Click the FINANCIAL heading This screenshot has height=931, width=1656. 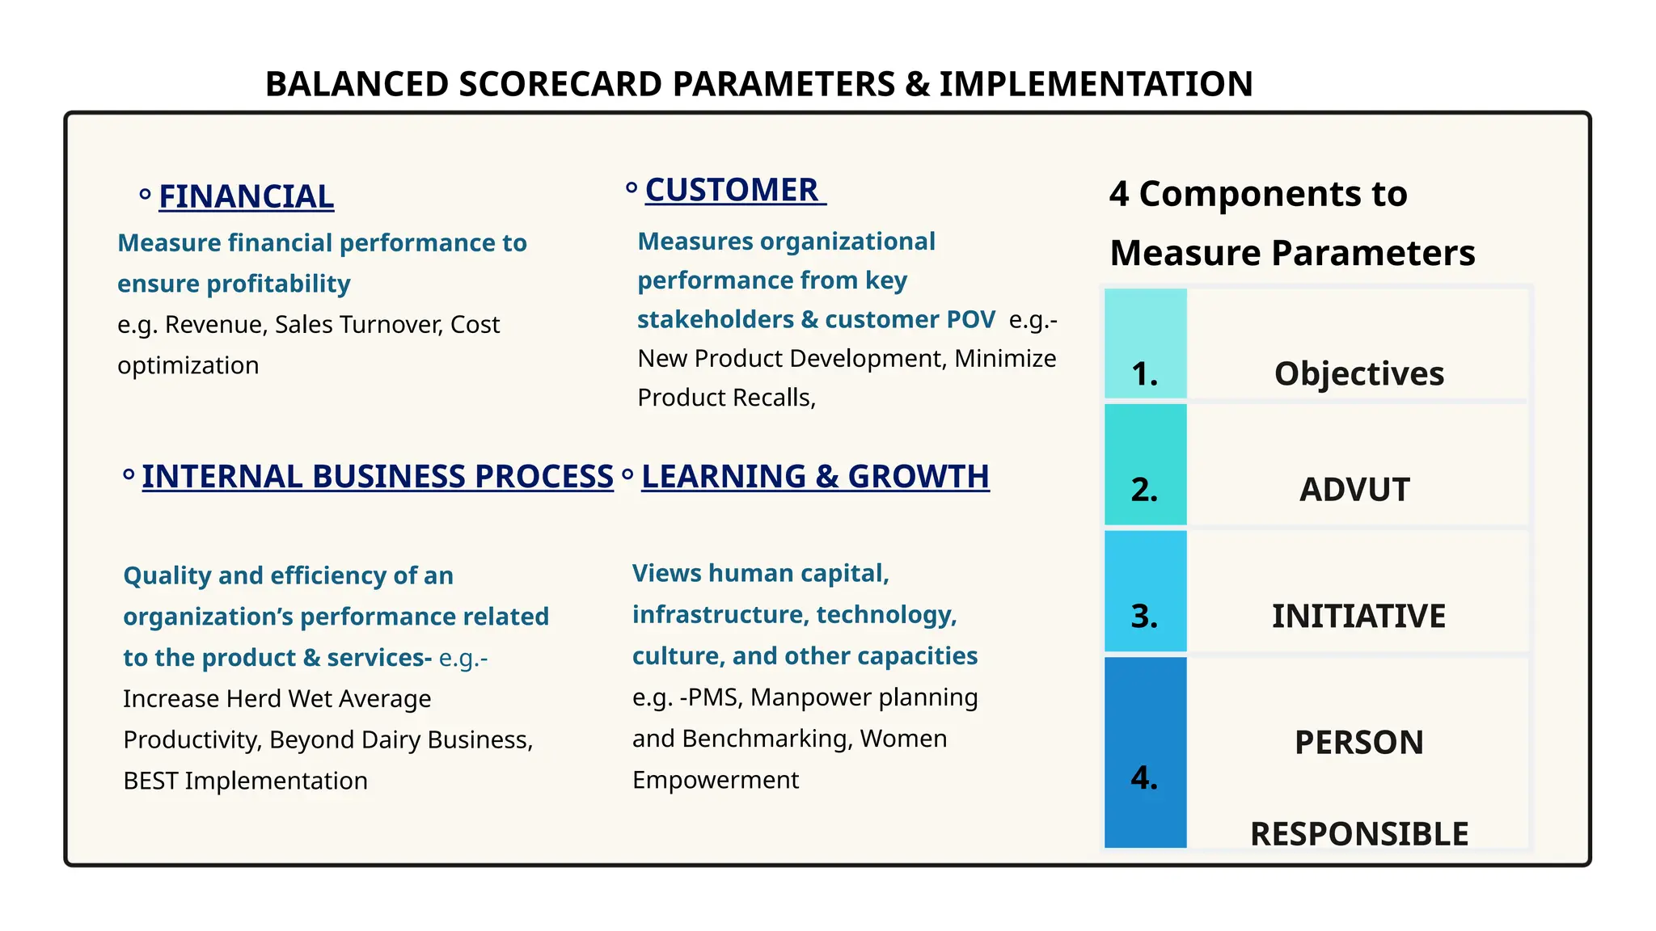[246, 196]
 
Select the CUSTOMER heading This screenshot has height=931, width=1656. [732, 190]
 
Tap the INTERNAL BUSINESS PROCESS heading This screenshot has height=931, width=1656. [378, 476]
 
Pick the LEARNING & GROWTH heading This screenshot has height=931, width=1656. [815, 476]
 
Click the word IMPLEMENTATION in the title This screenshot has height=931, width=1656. [1096, 84]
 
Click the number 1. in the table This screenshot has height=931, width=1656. [1144, 373]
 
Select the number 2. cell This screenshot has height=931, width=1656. [1144, 489]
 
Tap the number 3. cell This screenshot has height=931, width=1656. [1144, 616]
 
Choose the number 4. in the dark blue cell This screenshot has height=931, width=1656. [1144, 777]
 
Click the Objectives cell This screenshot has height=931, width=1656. [1359, 373]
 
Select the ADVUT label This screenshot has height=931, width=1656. [1354, 489]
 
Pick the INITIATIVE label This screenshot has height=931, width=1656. [1358, 616]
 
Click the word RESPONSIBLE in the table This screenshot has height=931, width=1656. [1359, 833]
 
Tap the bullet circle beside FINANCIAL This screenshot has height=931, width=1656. [145, 194]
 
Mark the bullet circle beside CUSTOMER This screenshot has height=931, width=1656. [632, 188]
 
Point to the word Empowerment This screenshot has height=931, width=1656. [716, 780]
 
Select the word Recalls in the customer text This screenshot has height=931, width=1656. [775, 398]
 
